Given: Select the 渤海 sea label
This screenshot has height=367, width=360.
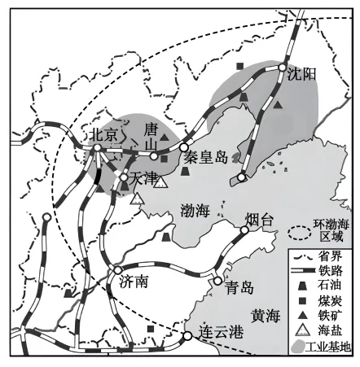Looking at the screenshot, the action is [x=194, y=211].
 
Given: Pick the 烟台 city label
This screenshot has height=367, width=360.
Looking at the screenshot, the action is [x=261, y=217].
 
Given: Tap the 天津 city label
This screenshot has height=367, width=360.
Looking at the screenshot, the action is [x=142, y=177].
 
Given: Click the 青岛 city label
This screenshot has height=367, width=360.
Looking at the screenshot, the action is [x=240, y=287].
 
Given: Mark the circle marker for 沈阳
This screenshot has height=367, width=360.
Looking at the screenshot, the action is [x=283, y=68].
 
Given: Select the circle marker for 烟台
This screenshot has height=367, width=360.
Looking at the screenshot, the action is [x=244, y=230].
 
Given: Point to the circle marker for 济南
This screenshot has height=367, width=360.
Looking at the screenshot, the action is [x=118, y=269].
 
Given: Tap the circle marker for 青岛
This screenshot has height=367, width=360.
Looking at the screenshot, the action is [x=217, y=280].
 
